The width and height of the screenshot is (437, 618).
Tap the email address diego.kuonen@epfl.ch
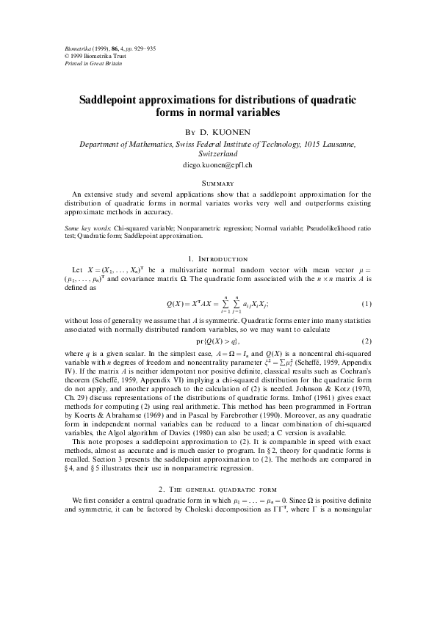point(218,166)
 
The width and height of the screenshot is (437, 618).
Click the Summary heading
point(218,183)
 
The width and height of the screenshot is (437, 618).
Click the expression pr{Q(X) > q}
point(218,342)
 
